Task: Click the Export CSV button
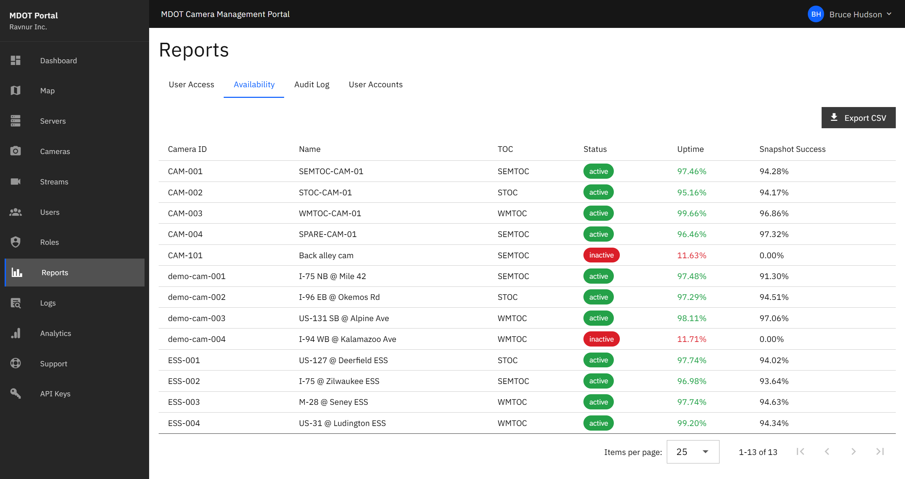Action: (x=858, y=118)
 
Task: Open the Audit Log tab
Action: (x=311, y=85)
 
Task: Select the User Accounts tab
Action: (x=375, y=85)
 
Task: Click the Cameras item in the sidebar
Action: (x=55, y=152)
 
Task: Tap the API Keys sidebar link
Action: (x=55, y=394)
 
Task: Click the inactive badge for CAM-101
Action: (x=601, y=255)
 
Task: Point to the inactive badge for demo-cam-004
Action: (x=601, y=339)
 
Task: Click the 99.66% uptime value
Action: (x=691, y=213)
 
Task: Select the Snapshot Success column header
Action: (x=792, y=149)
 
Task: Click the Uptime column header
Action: (x=690, y=149)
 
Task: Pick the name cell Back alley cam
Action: (x=326, y=255)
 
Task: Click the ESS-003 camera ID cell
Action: (x=184, y=402)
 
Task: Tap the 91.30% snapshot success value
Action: (x=774, y=276)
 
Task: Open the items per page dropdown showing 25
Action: (x=692, y=452)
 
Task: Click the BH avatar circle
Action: (x=816, y=14)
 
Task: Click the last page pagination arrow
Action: (x=880, y=452)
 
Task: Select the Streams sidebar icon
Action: (x=16, y=182)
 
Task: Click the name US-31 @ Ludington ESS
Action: (x=342, y=423)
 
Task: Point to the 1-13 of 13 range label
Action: (x=758, y=452)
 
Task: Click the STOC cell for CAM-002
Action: (x=507, y=193)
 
